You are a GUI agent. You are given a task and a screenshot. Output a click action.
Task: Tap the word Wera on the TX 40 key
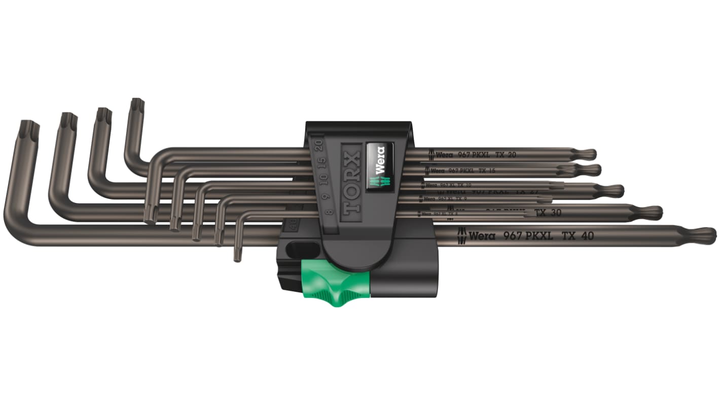(x=481, y=235)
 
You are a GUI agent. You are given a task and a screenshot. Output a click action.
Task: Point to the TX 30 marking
(x=548, y=213)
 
